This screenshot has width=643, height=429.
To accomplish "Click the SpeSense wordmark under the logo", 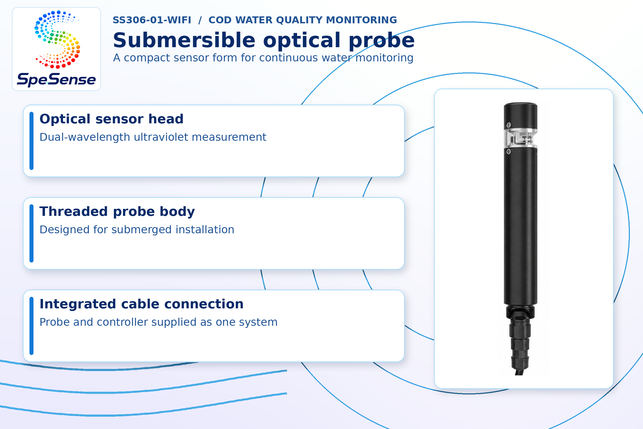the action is tap(56, 80).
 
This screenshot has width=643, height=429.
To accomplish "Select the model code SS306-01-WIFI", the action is tap(152, 20).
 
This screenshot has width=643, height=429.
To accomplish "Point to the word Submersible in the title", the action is tap(184, 40).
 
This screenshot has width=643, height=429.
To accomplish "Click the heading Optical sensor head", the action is tap(111, 119).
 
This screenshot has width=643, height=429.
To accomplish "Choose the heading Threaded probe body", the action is tap(117, 212).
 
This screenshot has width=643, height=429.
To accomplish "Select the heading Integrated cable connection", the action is tap(142, 304).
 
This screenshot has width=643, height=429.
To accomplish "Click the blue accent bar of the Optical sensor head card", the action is tap(31, 141).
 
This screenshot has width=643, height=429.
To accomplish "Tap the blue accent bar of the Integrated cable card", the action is tap(31, 326).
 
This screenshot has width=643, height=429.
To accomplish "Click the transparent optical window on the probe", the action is tap(521, 138).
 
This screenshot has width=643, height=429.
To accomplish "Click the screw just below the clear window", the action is tap(509, 151).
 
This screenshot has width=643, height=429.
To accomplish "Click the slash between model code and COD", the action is tap(200, 20).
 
